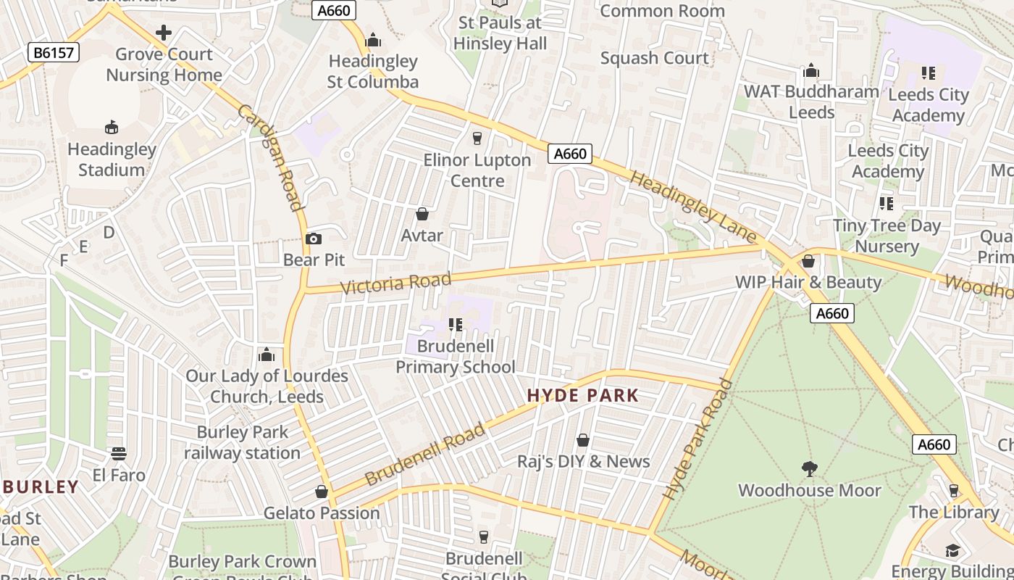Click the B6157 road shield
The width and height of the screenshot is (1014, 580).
(x=54, y=52)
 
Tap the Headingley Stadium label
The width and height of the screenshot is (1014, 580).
(x=112, y=159)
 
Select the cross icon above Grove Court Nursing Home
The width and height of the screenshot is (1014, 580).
(x=164, y=33)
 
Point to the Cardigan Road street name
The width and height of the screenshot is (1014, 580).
(x=270, y=157)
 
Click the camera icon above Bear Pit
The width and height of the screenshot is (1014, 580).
(x=314, y=239)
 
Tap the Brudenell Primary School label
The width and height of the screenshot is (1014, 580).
(x=456, y=357)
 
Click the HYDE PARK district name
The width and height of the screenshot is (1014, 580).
(x=583, y=396)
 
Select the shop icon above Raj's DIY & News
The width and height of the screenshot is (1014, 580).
(x=582, y=440)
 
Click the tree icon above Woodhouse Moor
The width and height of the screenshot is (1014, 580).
(x=809, y=469)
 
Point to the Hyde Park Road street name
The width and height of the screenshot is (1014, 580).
(x=697, y=439)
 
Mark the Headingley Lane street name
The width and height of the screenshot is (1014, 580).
(x=693, y=206)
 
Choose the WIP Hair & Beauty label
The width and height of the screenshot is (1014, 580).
(x=808, y=282)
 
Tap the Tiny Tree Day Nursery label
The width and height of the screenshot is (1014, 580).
(x=887, y=236)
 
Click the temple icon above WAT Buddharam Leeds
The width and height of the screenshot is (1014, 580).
(x=811, y=70)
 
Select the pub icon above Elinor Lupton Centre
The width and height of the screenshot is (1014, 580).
(x=477, y=138)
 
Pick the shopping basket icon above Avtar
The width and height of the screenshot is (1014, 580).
(x=422, y=214)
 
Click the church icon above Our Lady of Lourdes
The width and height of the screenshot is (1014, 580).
(x=267, y=355)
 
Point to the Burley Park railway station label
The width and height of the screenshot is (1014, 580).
(x=242, y=442)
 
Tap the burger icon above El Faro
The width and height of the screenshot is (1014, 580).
(x=119, y=454)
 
